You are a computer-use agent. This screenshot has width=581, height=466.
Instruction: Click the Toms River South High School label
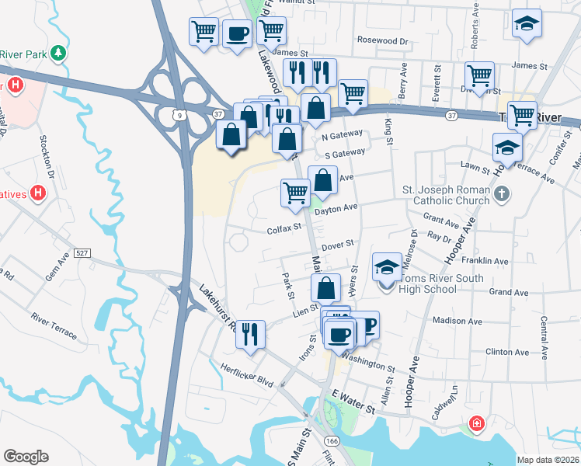tap(440, 283)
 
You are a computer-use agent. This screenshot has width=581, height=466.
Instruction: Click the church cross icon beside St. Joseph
tap(502, 193)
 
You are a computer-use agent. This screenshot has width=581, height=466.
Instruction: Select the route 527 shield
tap(82, 253)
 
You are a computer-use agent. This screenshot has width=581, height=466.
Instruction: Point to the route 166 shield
tap(332, 440)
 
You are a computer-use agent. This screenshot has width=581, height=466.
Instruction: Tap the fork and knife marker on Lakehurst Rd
tap(249, 334)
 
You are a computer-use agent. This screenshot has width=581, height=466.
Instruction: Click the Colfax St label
tap(284, 229)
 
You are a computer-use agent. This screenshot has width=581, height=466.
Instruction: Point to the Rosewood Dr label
tap(382, 40)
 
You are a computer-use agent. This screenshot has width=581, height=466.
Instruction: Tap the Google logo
tap(26, 457)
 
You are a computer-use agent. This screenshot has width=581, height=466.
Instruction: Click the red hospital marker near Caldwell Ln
tap(475, 425)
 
